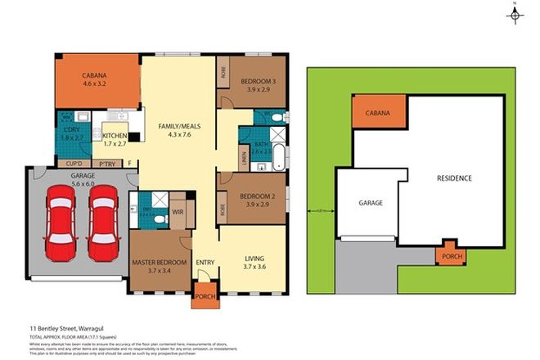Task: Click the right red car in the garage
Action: click(x=104, y=220)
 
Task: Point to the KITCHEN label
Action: click(x=114, y=137)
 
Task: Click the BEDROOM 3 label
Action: click(x=258, y=82)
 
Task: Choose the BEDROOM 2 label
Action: click(x=258, y=197)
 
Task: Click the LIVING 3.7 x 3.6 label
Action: click(x=254, y=262)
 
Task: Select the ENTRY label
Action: click(x=205, y=262)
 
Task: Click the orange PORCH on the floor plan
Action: click(x=205, y=297)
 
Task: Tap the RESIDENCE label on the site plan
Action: click(x=453, y=178)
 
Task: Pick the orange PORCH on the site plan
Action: click(x=452, y=254)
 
